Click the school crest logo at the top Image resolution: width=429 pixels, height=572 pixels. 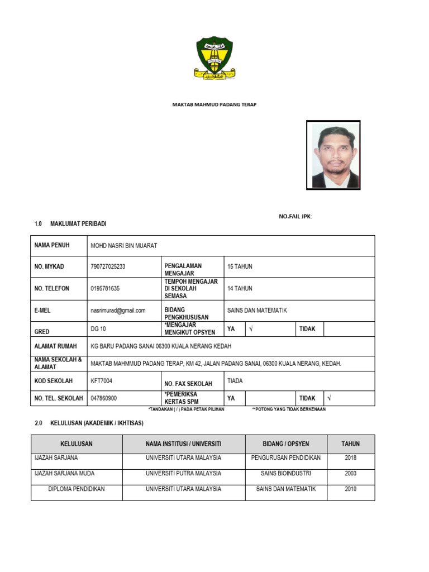pos(214,58)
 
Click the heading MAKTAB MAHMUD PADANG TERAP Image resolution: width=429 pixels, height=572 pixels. pos(214,104)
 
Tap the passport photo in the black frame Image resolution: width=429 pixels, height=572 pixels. pos(333,155)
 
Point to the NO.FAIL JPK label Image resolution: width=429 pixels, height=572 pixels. pos(295,216)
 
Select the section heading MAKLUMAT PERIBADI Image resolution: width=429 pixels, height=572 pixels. pos(78,224)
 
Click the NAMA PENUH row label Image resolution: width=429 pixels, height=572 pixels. pos(52,245)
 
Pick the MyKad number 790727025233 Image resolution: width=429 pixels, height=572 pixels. pos(108,266)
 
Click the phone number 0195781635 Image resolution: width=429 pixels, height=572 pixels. pos(105,289)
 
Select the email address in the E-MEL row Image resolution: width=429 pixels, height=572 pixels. pos(118,311)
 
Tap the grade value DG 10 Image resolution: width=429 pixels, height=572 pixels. pos(98,329)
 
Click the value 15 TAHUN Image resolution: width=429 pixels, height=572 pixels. pos(240,266)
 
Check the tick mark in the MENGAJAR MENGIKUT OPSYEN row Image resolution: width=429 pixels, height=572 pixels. pos(251,329)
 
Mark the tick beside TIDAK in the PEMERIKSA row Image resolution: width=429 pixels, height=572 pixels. pos(330,398)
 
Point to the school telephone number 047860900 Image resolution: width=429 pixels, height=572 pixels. pos(104,398)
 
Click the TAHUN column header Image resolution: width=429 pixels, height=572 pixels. pos(351,444)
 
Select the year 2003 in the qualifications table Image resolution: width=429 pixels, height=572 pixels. pos(351,473)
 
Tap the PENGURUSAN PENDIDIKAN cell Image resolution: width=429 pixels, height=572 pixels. pos(286,458)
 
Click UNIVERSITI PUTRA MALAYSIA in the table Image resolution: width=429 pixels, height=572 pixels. pos(183,473)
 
